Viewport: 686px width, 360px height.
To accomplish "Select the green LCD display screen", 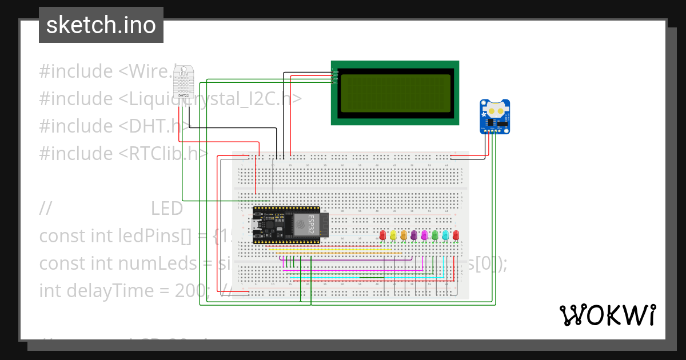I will [394, 92].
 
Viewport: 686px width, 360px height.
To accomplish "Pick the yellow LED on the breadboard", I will [393, 235].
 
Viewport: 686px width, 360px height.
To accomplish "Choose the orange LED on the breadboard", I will [404, 235].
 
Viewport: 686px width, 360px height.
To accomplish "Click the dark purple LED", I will [414, 235].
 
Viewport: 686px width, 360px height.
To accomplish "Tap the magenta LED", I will [424, 235].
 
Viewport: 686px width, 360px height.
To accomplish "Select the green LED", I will [435, 235].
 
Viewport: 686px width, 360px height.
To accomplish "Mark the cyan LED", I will [445, 235].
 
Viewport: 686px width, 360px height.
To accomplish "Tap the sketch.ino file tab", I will [101, 25].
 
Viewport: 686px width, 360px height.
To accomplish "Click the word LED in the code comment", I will [166, 209].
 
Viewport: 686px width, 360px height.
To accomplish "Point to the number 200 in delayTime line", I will [192, 290].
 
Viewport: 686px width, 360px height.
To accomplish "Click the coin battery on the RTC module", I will [495, 107].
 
